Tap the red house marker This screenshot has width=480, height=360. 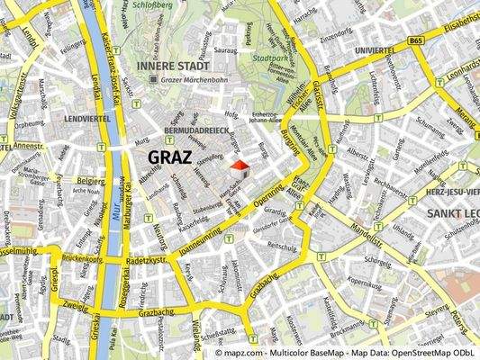tap(239, 168)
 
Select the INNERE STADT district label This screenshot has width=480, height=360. tap(172, 66)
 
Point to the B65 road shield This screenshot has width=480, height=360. tap(414, 40)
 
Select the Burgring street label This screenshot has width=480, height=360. tap(290, 142)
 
